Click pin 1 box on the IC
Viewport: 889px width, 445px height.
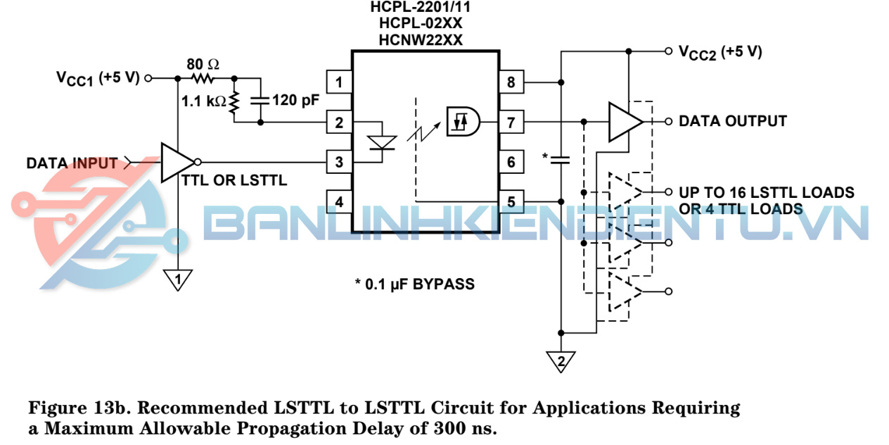click(339, 82)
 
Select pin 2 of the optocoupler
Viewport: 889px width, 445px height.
click(339, 123)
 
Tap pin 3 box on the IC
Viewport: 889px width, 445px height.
click(339, 163)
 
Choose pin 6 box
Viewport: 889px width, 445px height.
click(511, 163)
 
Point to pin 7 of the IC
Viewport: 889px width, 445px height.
click(511, 123)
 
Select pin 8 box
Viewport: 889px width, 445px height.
click(511, 82)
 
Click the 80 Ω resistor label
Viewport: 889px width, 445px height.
click(203, 64)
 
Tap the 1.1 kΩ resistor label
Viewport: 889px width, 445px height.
click(203, 101)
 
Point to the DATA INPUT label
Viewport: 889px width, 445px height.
click(72, 163)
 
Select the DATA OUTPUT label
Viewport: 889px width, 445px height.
click(732, 121)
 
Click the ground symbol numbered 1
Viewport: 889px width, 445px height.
click(179, 280)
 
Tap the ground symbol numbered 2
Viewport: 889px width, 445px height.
click(561, 362)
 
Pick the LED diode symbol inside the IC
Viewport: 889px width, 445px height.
click(382, 144)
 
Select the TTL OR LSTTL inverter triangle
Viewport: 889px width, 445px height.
click(176, 163)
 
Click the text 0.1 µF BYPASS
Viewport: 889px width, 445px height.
click(414, 284)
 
